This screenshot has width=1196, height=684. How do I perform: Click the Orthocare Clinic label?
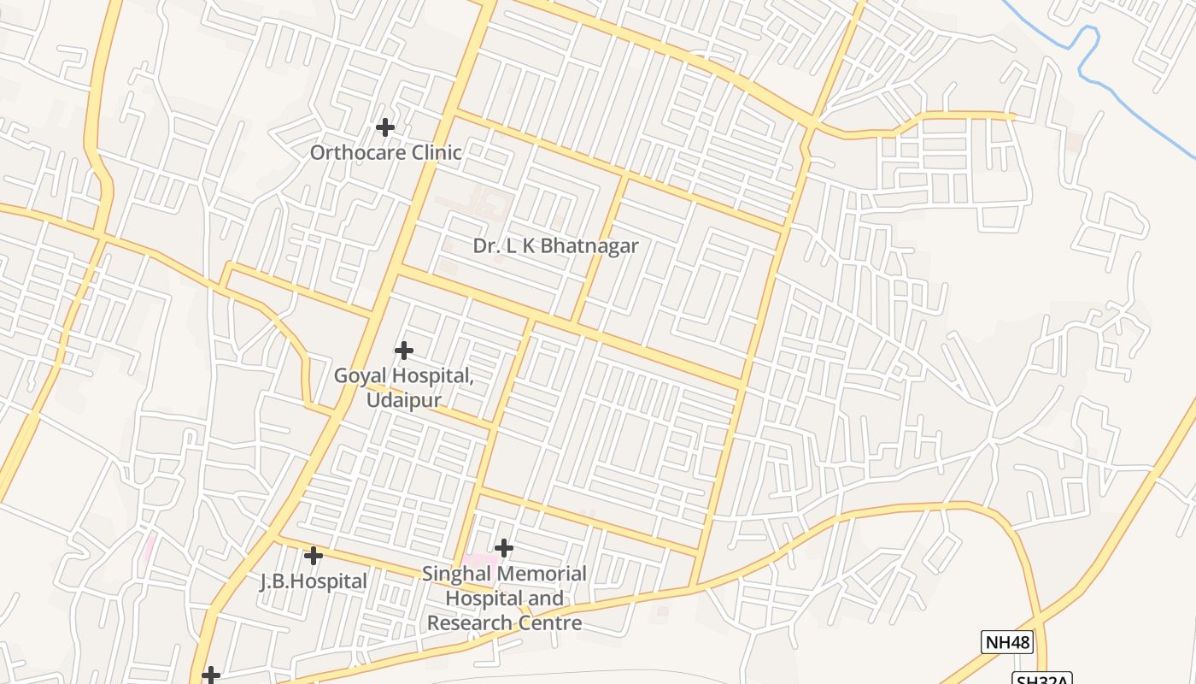385,153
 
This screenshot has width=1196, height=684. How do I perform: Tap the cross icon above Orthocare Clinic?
385,127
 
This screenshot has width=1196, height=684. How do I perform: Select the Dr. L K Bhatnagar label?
555,246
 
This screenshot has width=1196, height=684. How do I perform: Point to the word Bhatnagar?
589,246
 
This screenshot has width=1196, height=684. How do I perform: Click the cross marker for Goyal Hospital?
404,351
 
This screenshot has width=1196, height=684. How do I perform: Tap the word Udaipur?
404,399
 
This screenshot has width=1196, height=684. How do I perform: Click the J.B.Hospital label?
314,581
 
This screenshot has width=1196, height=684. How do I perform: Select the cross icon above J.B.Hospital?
314,556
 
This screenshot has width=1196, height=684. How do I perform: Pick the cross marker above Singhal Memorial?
504,547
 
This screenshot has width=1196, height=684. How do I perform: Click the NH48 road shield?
1007,642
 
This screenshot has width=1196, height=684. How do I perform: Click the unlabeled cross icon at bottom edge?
211,675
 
